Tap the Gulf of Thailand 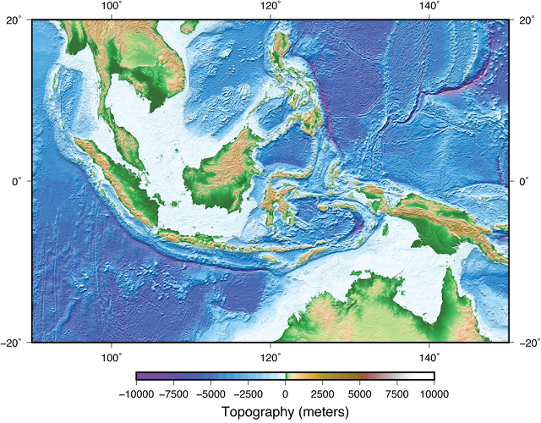pyautogui.click(x=127, y=93)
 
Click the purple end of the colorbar pyautogui.click(x=140, y=376)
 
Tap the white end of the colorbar pyautogui.click(x=429, y=376)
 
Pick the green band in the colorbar pyautogui.click(x=287, y=376)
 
